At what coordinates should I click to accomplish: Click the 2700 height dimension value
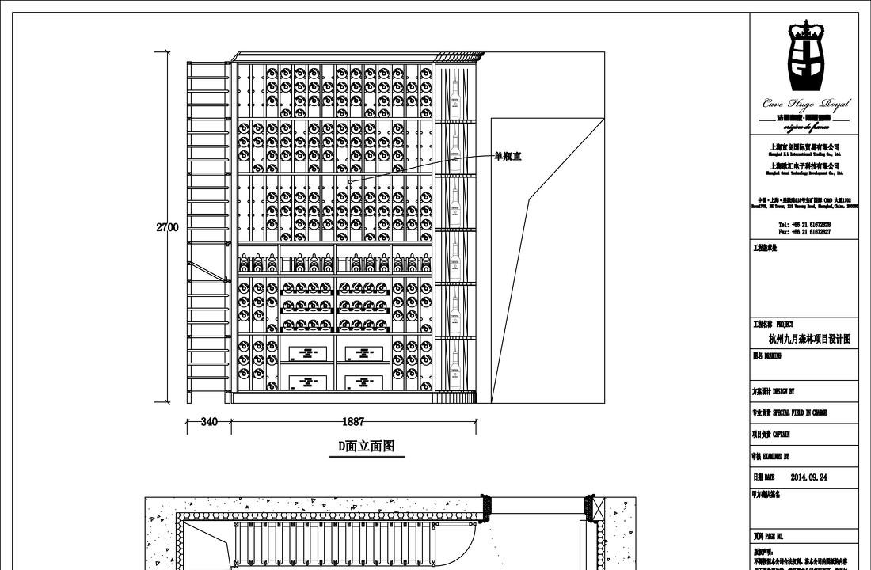pyautogui.click(x=167, y=227)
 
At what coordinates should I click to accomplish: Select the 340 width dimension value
pyautogui.click(x=209, y=422)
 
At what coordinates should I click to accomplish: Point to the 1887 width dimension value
pyautogui.click(x=353, y=422)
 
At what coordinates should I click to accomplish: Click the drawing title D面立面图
pyautogui.click(x=367, y=446)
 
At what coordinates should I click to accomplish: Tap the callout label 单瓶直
pyautogui.click(x=508, y=157)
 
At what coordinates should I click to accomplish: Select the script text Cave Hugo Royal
pyautogui.click(x=805, y=103)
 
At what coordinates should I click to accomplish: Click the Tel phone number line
pyautogui.click(x=804, y=225)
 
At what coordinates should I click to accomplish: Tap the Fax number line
pyautogui.click(x=804, y=232)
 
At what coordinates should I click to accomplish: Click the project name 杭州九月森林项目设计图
pyautogui.click(x=809, y=339)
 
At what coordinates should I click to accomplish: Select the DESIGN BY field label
pyautogui.click(x=774, y=392)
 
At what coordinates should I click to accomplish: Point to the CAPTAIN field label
pyautogui.click(x=771, y=435)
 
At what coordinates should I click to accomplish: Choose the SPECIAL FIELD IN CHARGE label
pyautogui.click(x=789, y=413)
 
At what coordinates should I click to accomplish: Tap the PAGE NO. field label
pyautogui.click(x=769, y=536)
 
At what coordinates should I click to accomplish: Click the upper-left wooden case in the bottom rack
pyautogui.click(x=307, y=354)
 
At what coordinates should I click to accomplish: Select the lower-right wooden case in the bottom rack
pyautogui.click(x=363, y=382)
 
